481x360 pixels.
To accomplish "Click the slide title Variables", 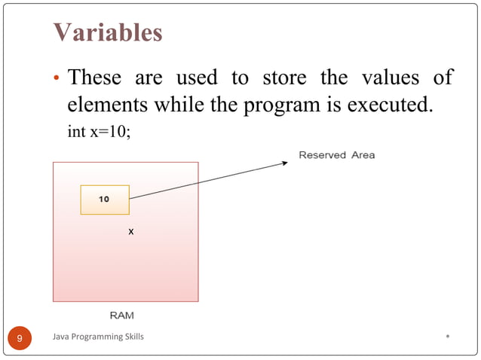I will [x=107, y=33].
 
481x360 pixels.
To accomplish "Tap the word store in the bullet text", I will [x=284, y=78].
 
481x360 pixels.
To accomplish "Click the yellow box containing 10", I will [x=105, y=200].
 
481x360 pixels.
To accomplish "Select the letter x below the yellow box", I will [x=130, y=232].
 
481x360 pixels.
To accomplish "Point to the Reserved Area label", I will [x=336, y=155].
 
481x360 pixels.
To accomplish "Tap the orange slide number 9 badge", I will [x=20, y=338].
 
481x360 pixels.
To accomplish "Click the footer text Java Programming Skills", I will [x=98, y=337].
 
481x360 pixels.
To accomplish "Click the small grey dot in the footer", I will [x=448, y=336].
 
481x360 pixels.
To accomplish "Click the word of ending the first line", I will [x=443, y=78].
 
